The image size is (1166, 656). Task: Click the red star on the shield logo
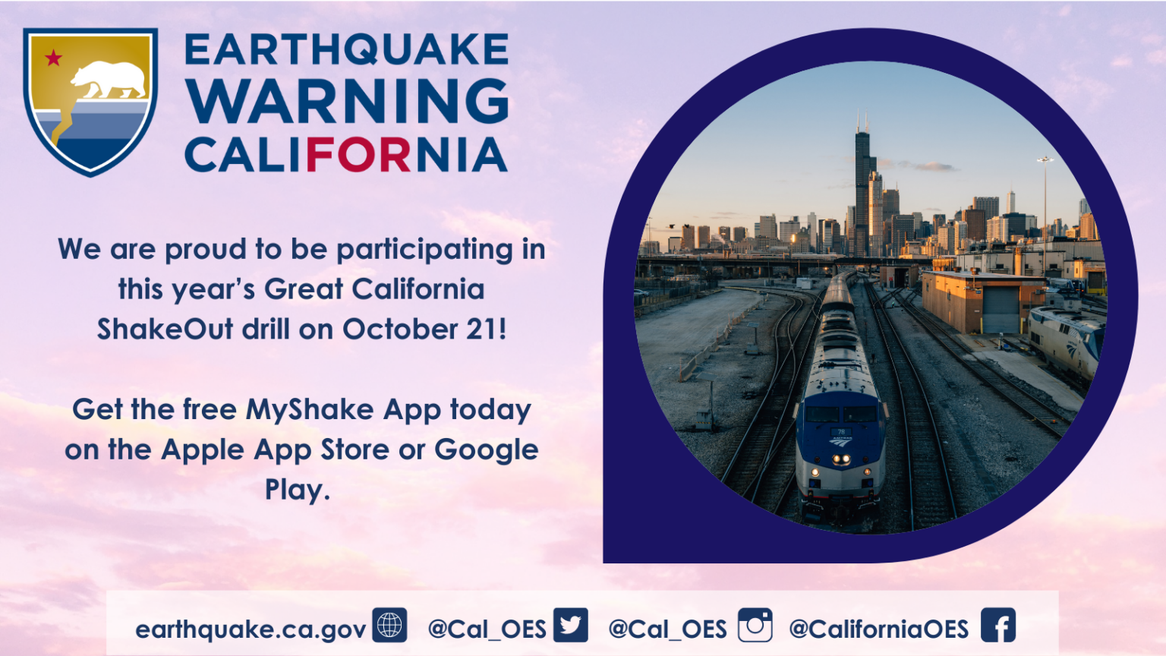pyautogui.click(x=54, y=58)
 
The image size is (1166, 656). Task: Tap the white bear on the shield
pyautogui.click(x=109, y=80)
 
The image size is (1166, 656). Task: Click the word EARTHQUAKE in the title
pyautogui.click(x=346, y=49)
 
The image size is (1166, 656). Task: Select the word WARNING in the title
pyautogui.click(x=347, y=101)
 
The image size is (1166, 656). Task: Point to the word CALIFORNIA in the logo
pyautogui.click(x=346, y=155)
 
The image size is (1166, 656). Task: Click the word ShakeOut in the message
pyautogui.click(x=165, y=329)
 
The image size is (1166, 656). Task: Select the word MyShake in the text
pyautogui.click(x=310, y=409)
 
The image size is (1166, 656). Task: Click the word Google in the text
pyautogui.click(x=486, y=449)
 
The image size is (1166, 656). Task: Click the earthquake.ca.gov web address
pyautogui.click(x=251, y=629)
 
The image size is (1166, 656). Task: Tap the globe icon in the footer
pyautogui.click(x=389, y=625)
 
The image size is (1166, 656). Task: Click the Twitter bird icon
pyautogui.click(x=571, y=625)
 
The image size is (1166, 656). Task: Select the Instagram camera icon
pyautogui.click(x=755, y=625)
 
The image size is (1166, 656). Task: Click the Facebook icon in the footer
pyautogui.click(x=998, y=625)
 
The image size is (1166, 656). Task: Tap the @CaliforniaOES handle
pyautogui.click(x=878, y=629)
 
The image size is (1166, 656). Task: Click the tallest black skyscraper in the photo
pyautogui.click(x=862, y=188)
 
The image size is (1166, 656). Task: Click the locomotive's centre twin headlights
pyautogui.click(x=841, y=459)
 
